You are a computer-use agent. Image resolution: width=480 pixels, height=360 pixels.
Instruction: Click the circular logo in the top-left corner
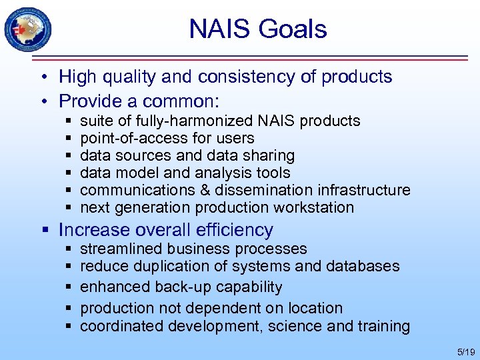(28, 29)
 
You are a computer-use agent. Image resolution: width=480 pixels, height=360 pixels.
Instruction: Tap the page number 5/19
(464, 351)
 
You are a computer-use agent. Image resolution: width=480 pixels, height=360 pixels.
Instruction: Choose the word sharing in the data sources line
(269, 156)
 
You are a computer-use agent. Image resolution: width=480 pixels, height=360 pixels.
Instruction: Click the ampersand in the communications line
(189, 191)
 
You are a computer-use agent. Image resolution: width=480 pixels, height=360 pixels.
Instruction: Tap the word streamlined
(121, 249)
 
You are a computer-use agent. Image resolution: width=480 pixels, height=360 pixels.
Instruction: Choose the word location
(315, 308)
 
